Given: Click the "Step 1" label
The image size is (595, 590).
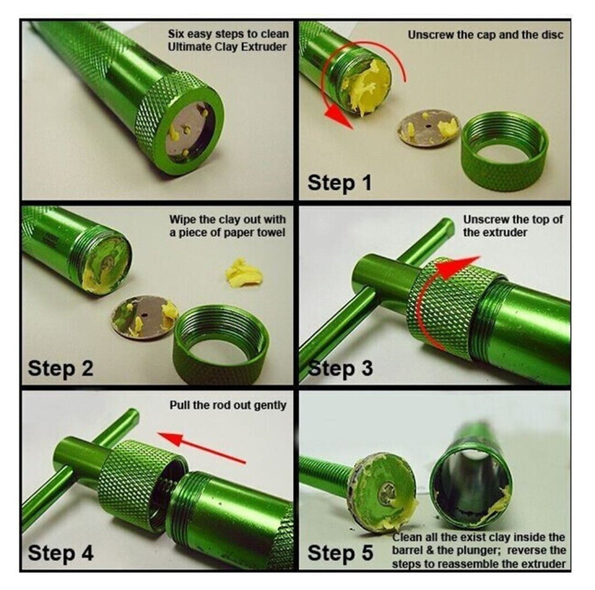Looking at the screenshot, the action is click(340, 183).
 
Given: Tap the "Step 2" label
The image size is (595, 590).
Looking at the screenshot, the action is click(60, 368).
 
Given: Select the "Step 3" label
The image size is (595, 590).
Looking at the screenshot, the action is click(340, 368).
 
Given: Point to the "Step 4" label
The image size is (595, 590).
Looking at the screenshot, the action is click(60, 553).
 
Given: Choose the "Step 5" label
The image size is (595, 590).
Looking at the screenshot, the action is click(340, 553).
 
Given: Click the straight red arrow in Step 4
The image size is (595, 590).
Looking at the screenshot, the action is click(202, 448).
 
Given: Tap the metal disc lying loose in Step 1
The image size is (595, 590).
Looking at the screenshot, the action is click(429, 127).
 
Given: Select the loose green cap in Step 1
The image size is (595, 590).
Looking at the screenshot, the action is click(505, 151).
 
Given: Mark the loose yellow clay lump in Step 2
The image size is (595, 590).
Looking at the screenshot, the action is click(243, 273).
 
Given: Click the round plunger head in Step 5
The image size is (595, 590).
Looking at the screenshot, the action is click(383, 492).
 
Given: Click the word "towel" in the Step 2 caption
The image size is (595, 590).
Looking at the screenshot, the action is click(271, 232).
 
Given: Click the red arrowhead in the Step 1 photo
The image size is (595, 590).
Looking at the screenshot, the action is click(339, 116).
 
